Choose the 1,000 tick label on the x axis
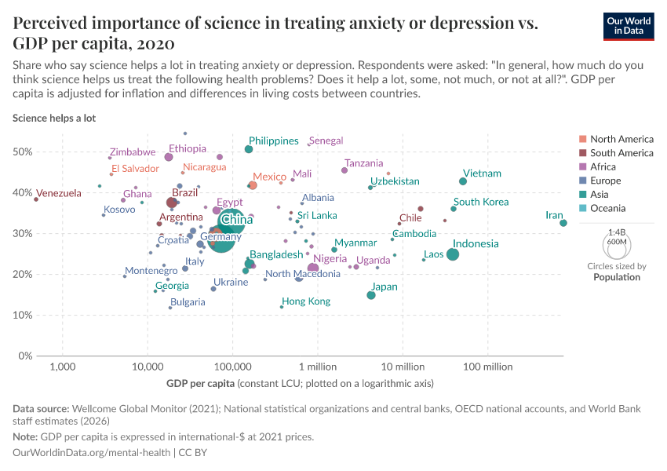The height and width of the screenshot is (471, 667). (x=62, y=366)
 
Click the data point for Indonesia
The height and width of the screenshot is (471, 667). (x=453, y=254)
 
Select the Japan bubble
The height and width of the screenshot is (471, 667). (x=371, y=294)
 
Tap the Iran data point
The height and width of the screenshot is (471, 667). (x=563, y=223)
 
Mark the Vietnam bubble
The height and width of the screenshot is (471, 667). (x=463, y=181)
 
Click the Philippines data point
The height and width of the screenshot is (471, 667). (x=249, y=149)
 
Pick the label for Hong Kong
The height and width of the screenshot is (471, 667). (x=306, y=301)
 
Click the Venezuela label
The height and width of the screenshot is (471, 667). (x=36, y=193)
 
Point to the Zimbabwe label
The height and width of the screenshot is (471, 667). (x=133, y=152)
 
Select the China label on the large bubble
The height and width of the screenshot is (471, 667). (x=230, y=220)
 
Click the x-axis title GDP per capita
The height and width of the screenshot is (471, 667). (x=200, y=384)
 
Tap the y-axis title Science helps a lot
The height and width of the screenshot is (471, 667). (x=54, y=118)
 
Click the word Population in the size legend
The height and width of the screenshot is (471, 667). (x=617, y=277)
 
